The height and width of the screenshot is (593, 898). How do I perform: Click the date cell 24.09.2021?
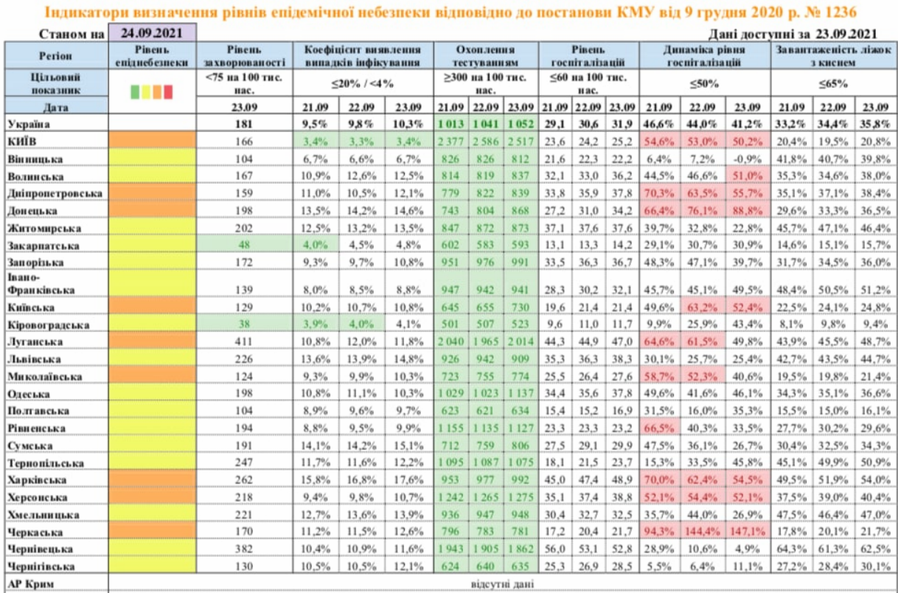click(153, 33)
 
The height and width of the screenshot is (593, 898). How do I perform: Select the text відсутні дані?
click(501, 585)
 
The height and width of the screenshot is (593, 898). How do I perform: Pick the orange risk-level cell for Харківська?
click(152, 480)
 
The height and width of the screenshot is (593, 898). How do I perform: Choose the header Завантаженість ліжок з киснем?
click(834, 57)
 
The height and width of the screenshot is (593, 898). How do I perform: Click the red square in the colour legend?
click(168, 92)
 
